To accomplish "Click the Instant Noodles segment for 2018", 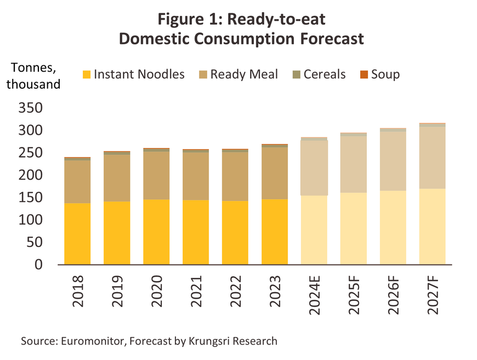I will tap(77, 234).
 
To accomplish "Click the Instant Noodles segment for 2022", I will tap(235, 233).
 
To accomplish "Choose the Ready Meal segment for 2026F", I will tap(393, 161).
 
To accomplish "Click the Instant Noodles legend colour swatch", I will tap(86, 75).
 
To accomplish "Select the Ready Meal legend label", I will tap(244, 74).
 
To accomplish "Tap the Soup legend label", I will tap(385, 74).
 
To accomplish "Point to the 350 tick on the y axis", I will tap(31, 108).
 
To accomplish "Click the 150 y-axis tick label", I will tap(31, 198).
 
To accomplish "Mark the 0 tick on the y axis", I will tap(38, 265).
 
